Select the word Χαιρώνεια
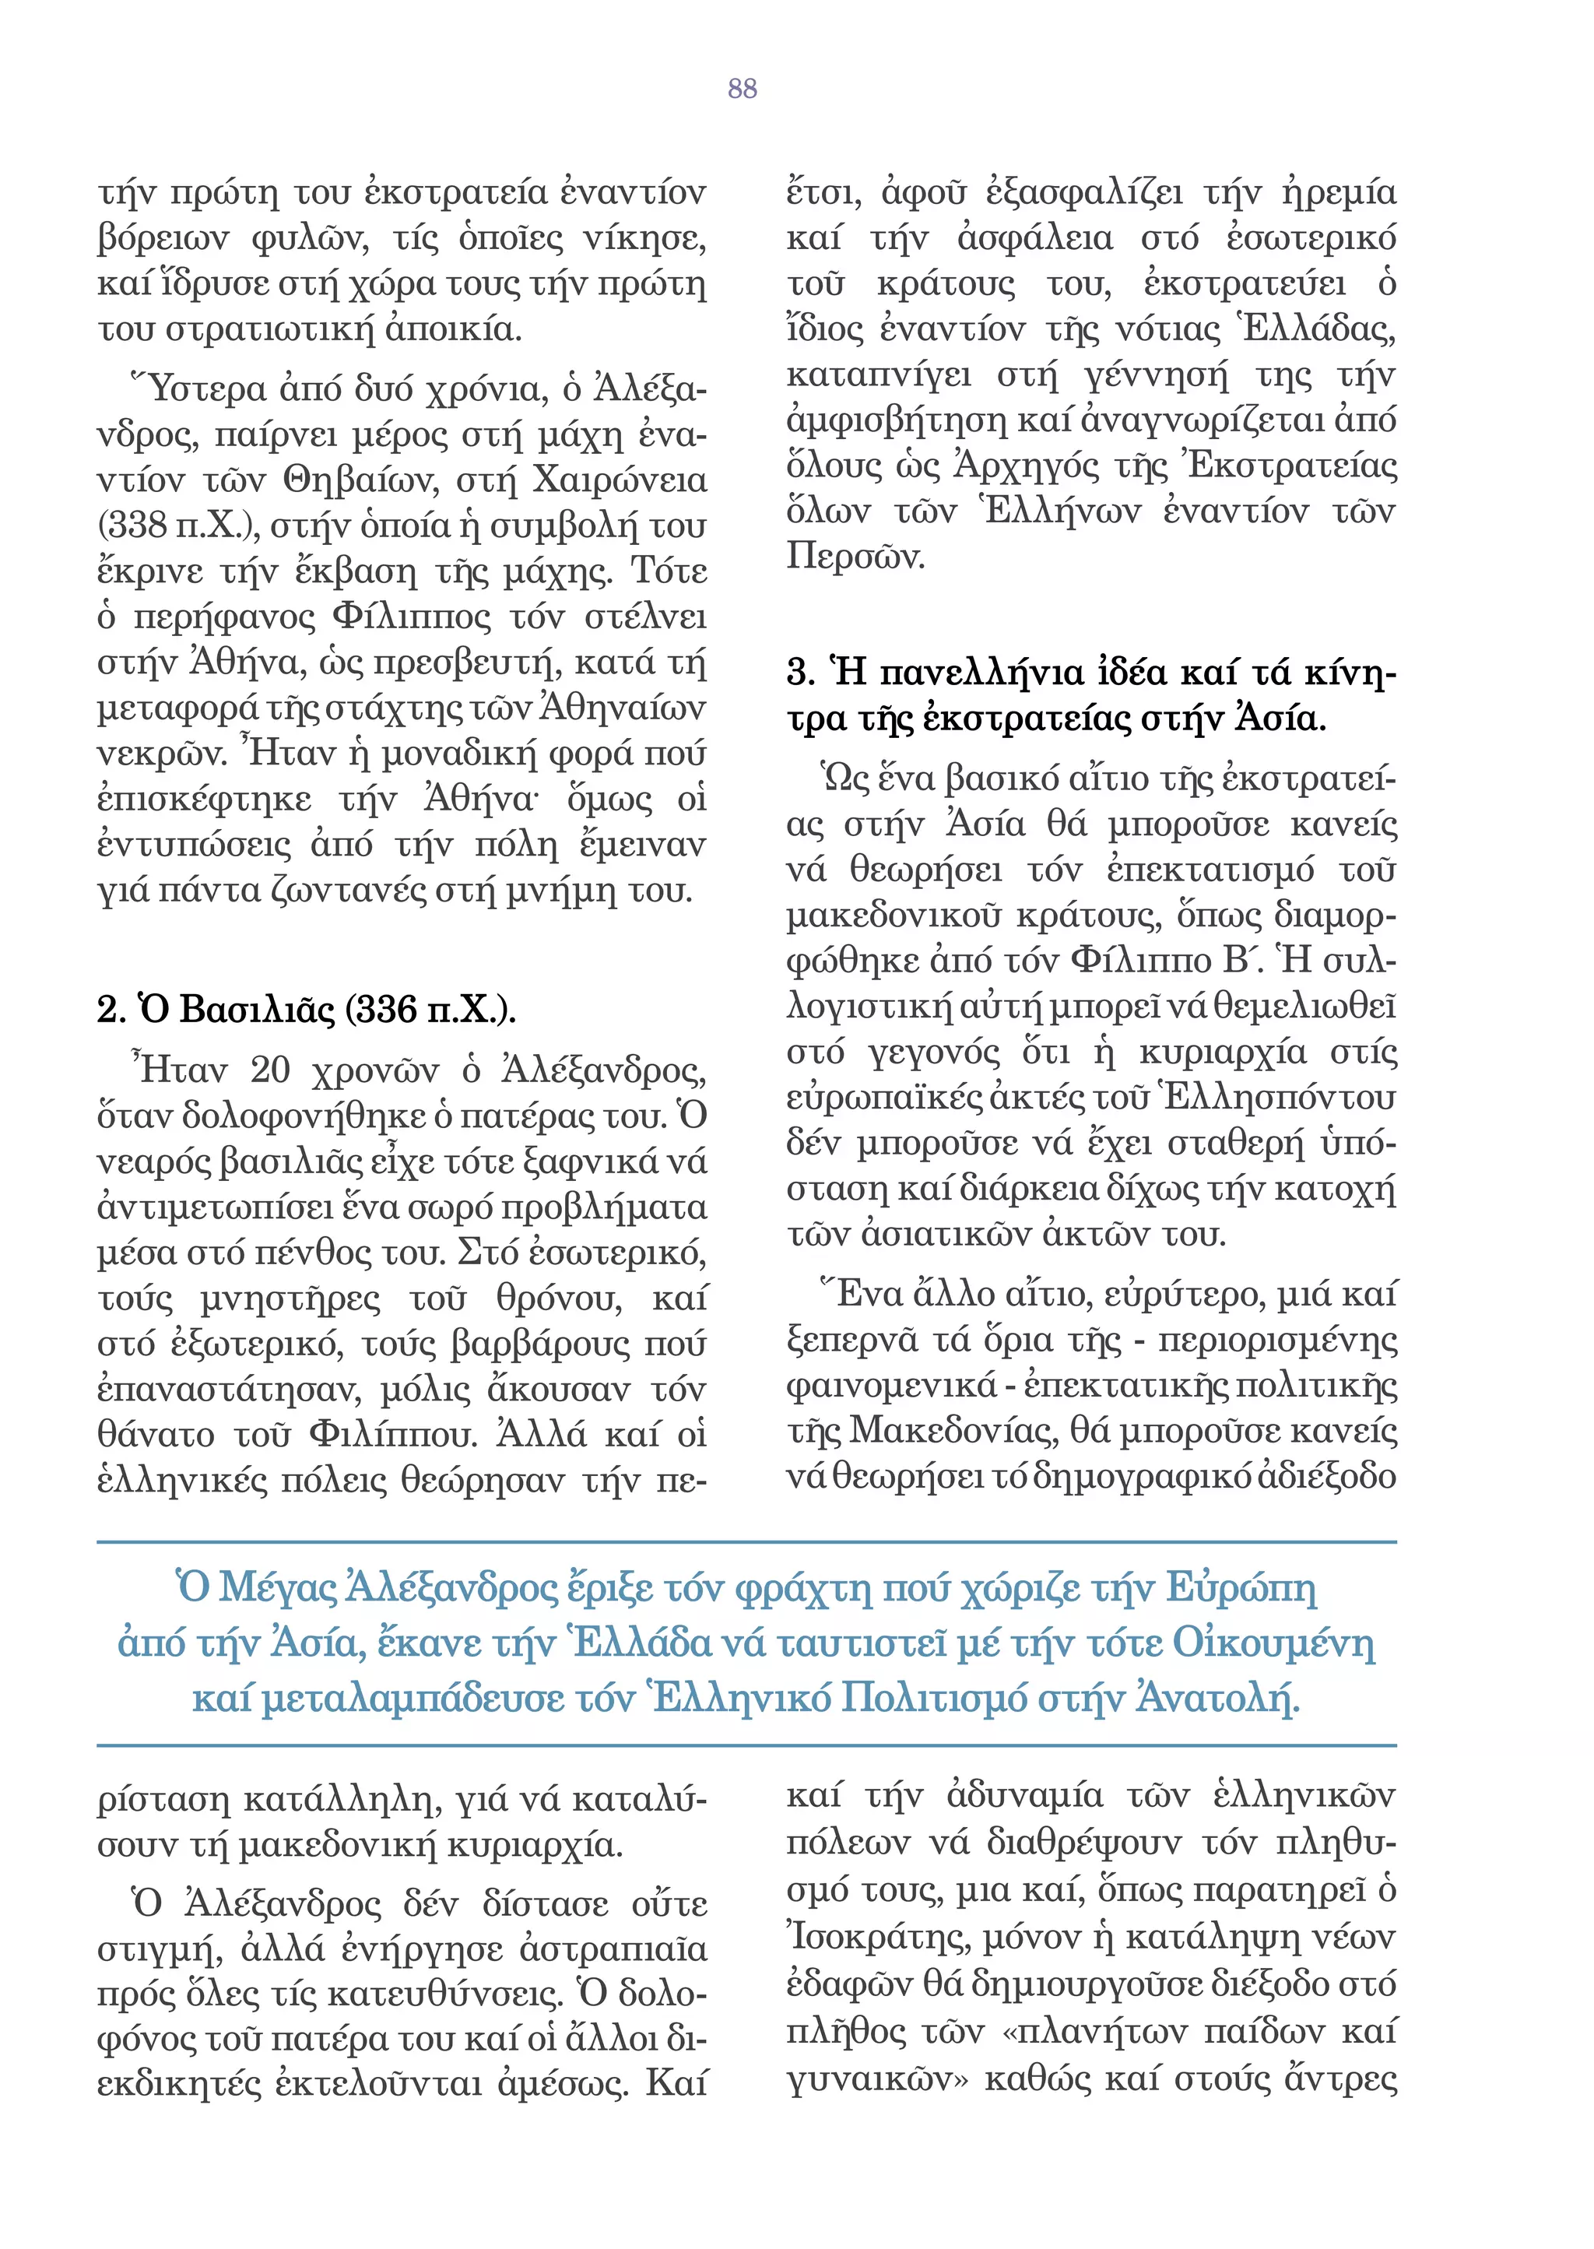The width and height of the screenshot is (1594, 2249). [620, 481]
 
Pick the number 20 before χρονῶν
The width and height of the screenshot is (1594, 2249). [270, 1070]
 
